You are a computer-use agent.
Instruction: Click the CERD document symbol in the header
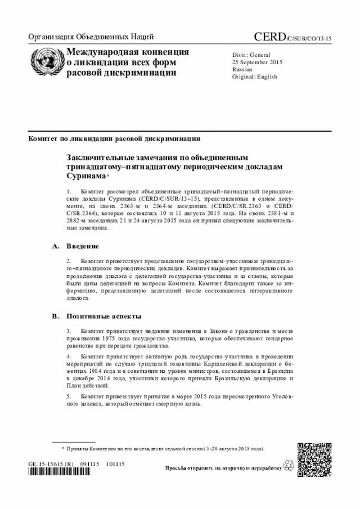click(292, 38)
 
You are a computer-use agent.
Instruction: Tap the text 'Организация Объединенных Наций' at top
click(91, 38)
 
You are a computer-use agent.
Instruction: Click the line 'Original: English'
click(255, 77)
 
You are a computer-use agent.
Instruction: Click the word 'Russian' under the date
click(242, 69)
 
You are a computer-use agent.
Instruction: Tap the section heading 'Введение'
click(83, 246)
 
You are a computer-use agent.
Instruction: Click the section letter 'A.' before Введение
click(56, 246)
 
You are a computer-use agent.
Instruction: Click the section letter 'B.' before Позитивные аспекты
click(56, 316)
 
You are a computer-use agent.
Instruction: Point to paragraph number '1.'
click(70, 192)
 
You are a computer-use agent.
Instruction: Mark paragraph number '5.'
click(70, 396)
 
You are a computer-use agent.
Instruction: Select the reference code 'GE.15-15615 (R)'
click(51, 464)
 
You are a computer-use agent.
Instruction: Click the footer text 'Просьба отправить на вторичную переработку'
click(223, 468)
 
